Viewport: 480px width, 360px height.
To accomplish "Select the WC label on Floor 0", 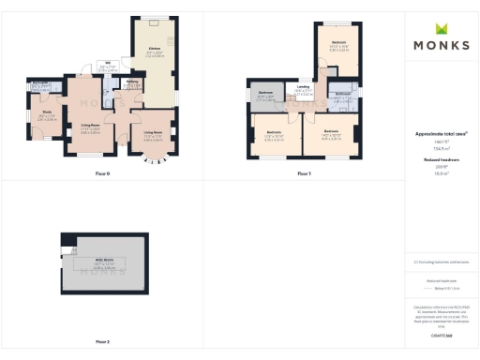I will coord(107,67).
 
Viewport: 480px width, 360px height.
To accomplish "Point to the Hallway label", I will coord(133,82).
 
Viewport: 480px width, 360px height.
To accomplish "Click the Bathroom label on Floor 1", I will coord(342,94).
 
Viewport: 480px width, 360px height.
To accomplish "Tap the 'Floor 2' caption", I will coord(102,341).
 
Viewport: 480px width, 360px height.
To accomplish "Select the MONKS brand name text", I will coord(442,44).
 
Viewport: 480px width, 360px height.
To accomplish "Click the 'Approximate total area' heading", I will coord(441,135).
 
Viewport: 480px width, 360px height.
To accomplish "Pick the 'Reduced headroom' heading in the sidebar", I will coord(441,160).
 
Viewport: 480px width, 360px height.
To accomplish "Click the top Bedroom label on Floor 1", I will coord(338,43).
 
